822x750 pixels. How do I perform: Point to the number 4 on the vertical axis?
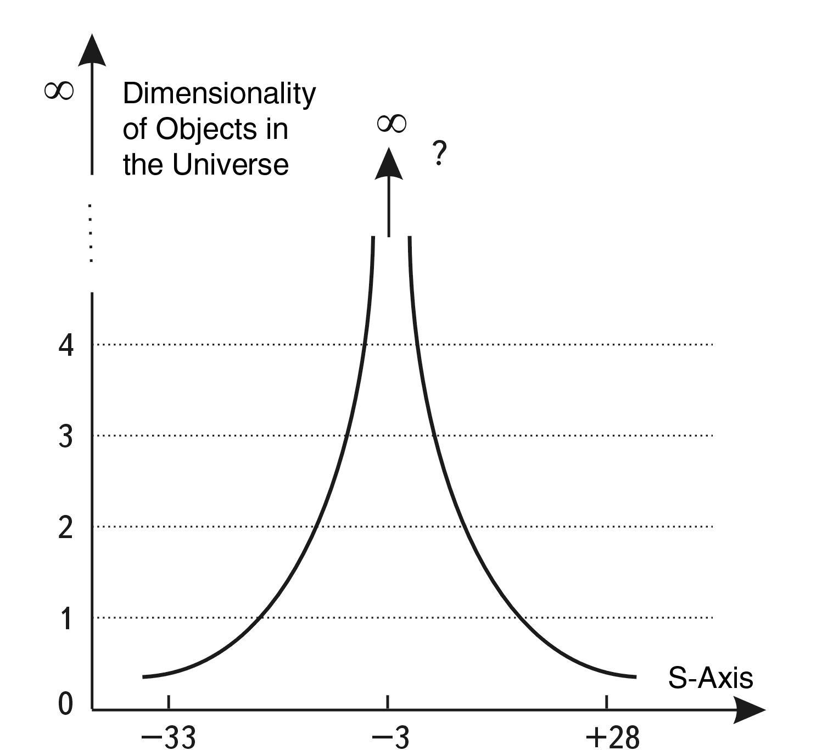(x=66, y=346)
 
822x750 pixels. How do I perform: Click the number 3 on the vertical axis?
(x=66, y=437)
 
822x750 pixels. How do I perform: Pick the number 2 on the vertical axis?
(x=66, y=528)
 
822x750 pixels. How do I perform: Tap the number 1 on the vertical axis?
(x=66, y=619)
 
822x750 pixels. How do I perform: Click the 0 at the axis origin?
(x=65, y=704)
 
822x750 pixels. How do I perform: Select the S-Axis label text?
(x=710, y=678)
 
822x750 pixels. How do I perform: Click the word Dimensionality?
(x=219, y=94)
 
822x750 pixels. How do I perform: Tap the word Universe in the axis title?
(x=230, y=164)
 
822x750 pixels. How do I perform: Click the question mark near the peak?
(x=439, y=154)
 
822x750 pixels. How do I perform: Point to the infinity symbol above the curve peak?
(x=392, y=124)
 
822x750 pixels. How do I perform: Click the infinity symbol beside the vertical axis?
(x=59, y=91)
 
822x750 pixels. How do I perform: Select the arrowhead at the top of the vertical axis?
(x=92, y=51)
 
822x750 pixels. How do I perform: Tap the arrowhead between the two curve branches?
(x=389, y=165)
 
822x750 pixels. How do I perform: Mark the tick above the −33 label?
(x=169, y=702)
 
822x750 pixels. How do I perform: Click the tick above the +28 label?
(x=606, y=702)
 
